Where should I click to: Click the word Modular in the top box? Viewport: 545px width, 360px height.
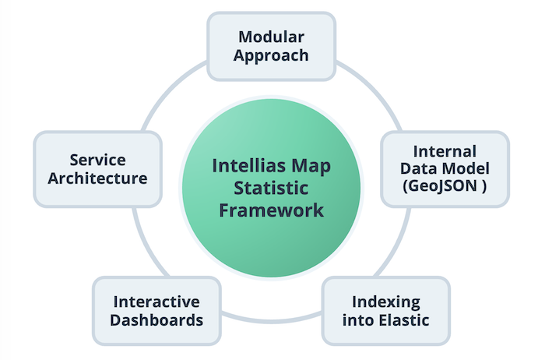pyautogui.click(x=272, y=37)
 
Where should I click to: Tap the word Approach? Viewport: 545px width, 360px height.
pyautogui.click(x=272, y=56)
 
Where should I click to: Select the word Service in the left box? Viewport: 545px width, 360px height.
pyautogui.click(x=98, y=159)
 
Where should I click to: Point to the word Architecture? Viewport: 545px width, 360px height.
pyautogui.click(x=98, y=178)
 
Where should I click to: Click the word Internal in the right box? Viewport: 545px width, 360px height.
pyautogui.click(x=445, y=151)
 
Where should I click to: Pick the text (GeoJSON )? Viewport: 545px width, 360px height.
pyautogui.click(x=445, y=186)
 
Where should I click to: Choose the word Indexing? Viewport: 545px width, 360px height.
pyautogui.click(x=386, y=302)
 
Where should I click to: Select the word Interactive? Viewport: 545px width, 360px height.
pyautogui.click(x=156, y=302)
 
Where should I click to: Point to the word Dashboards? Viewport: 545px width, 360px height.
pyautogui.click(x=156, y=320)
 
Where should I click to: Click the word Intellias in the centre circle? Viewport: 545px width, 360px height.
pyautogui.click(x=244, y=165)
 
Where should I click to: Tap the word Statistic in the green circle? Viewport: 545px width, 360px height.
pyautogui.click(x=272, y=188)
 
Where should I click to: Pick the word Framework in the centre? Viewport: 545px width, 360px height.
pyautogui.click(x=272, y=210)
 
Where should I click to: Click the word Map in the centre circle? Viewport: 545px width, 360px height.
pyautogui.click(x=308, y=165)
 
